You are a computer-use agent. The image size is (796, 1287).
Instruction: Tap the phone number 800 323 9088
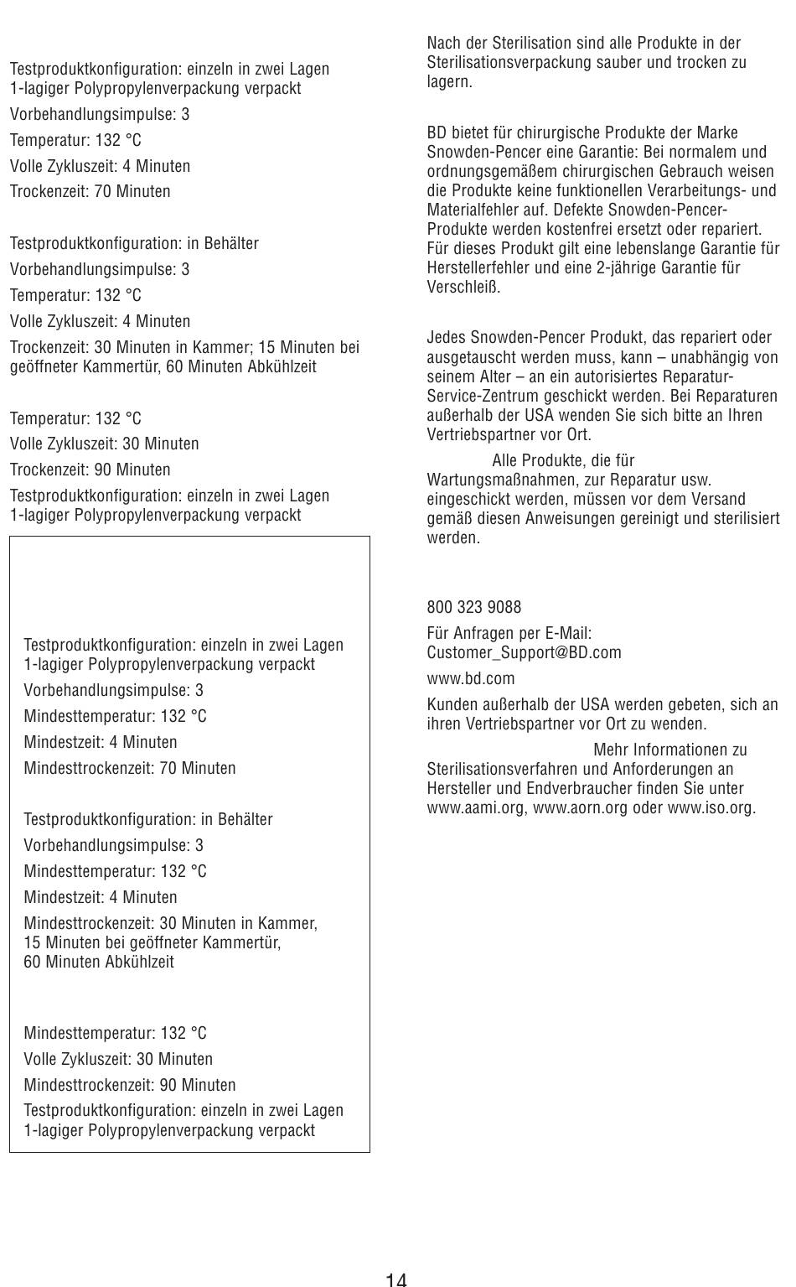tap(473, 607)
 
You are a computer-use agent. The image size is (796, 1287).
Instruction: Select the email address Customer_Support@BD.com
tap(524, 652)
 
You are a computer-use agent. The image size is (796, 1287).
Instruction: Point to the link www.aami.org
tap(476, 808)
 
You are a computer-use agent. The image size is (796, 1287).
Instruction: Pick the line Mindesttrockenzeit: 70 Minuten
tap(130, 768)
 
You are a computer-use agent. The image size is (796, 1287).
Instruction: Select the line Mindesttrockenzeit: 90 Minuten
tap(130, 1085)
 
